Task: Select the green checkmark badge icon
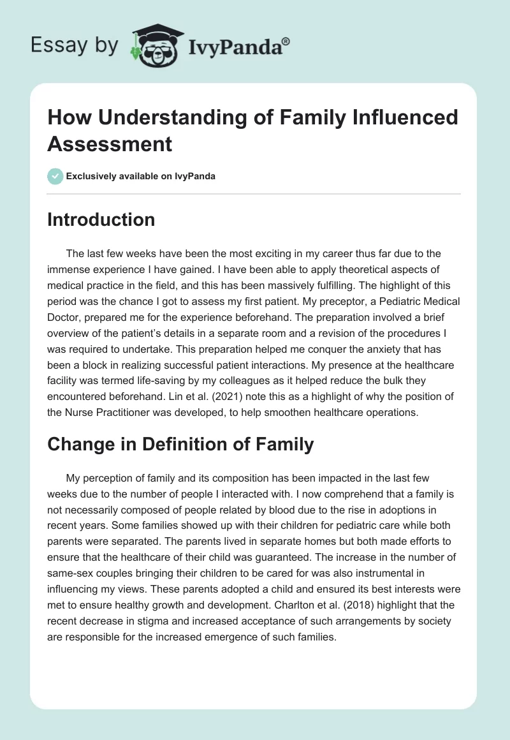coord(55,176)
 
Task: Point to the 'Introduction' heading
coord(101,219)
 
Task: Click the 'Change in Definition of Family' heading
coord(180,444)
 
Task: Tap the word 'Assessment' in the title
coord(110,144)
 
